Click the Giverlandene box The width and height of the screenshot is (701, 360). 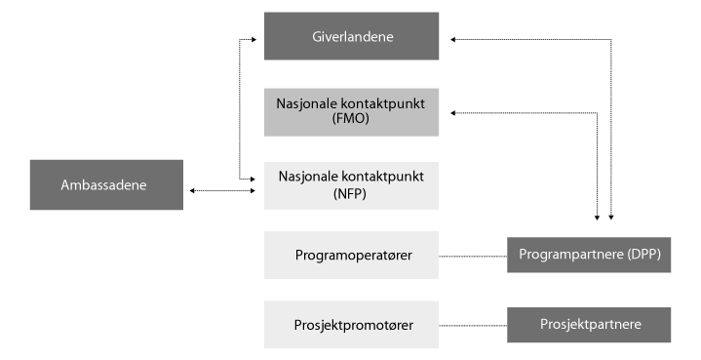[x=351, y=38]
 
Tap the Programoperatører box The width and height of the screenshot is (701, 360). [x=351, y=256]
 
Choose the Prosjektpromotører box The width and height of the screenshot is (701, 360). [x=351, y=325]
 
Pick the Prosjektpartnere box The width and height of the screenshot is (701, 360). [x=589, y=324]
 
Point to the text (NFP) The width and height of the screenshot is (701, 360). [x=352, y=193]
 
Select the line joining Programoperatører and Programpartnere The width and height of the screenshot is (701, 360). [x=473, y=256]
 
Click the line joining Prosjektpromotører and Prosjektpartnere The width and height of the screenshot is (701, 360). [x=473, y=325]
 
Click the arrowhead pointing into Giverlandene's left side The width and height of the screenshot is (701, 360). [x=260, y=40]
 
